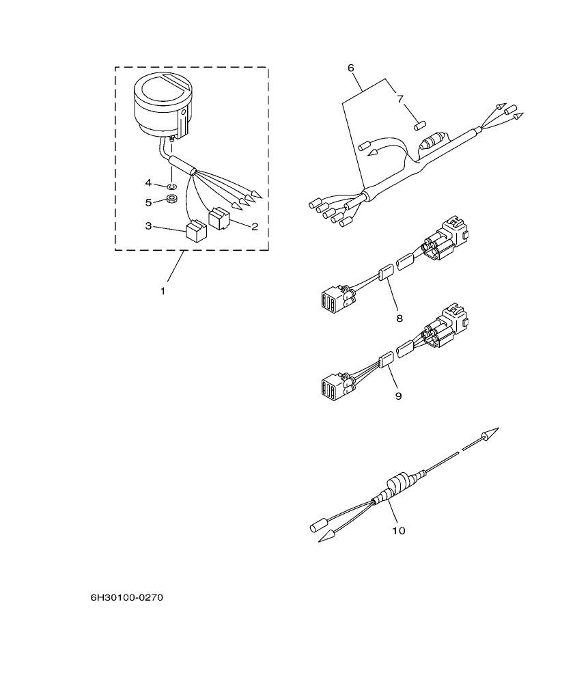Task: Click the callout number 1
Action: click(x=163, y=291)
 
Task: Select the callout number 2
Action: click(x=254, y=226)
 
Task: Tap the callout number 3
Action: click(x=148, y=226)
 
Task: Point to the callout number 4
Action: click(x=148, y=182)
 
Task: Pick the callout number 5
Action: click(x=148, y=202)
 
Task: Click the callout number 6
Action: click(x=351, y=68)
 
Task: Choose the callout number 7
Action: click(x=400, y=98)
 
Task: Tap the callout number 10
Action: click(x=399, y=530)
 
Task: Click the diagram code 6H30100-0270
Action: click(x=127, y=598)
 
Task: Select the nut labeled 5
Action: click(x=173, y=200)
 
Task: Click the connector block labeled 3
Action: click(x=197, y=230)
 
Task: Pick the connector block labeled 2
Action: click(x=219, y=218)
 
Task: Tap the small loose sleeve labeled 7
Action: click(x=420, y=126)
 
